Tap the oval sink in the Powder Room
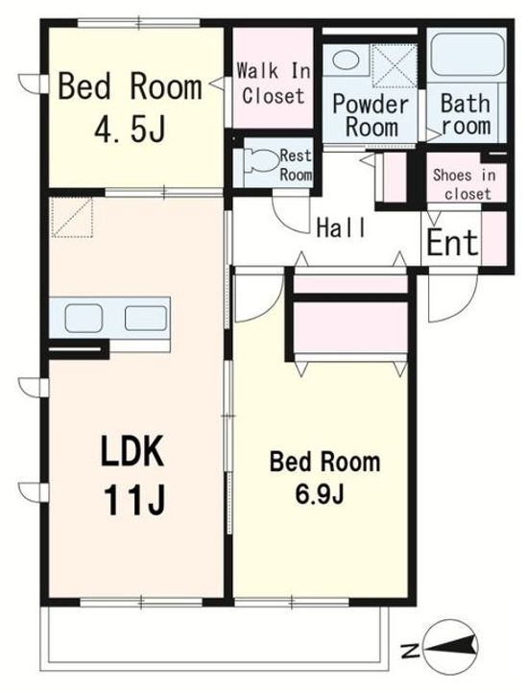coord(346,59)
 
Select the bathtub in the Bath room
coord(468,54)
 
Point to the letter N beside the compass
coord(411,651)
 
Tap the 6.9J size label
coord(319,495)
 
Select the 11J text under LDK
coord(134,500)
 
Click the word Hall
coord(341,227)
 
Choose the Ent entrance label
coord(452,242)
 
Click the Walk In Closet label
coord(274,83)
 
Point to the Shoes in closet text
coord(465,184)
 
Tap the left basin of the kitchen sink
coord(84,319)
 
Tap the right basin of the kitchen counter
coord(146,319)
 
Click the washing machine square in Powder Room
coord(395,66)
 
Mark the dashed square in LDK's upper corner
coord(72,217)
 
